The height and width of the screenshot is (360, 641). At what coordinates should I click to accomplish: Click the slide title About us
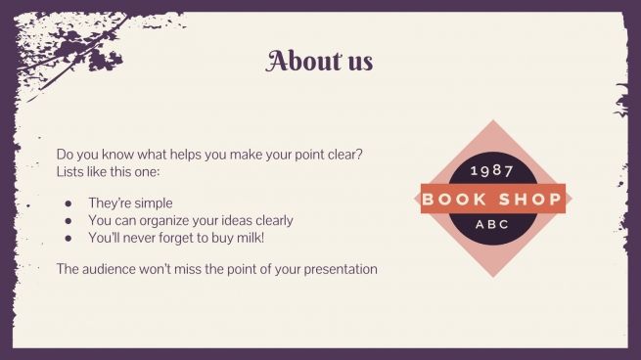[319, 61]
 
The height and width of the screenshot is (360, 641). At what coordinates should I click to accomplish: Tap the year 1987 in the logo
[492, 170]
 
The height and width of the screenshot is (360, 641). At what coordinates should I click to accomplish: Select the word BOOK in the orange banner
[455, 199]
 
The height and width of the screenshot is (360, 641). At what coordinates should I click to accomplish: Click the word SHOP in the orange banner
[530, 199]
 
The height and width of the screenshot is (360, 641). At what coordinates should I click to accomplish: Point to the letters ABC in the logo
[492, 224]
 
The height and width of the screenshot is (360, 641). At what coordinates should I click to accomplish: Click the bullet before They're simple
[69, 203]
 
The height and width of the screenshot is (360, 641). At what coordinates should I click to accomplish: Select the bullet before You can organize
[69, 220]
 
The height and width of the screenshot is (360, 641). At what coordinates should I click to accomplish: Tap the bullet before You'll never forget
[69, 238]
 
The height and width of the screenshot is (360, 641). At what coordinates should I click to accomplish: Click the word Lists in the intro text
[71, 172]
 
